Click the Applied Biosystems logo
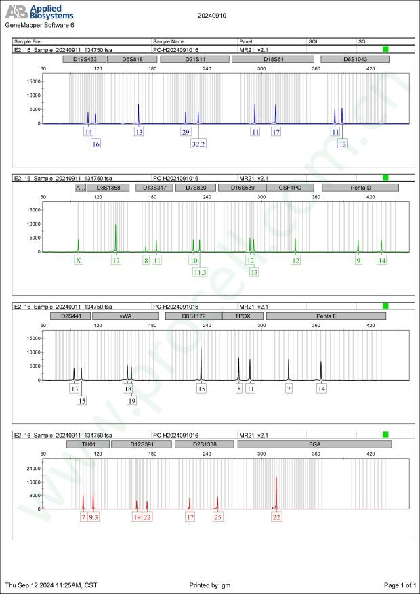(39, 13)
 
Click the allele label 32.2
(198, 144)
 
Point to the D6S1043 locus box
(354, 60)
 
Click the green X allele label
(79, 260)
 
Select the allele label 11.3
(200, 272)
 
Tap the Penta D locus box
(360, 188)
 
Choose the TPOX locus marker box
(243, 316)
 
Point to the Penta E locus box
(326, 316)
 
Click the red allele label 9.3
(93, 517)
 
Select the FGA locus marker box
(314, 444)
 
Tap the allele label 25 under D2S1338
(217, 517)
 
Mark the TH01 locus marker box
(88, 444)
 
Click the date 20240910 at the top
(211, 14)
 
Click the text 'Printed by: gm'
(212, 585)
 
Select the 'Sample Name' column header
(169, 41)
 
